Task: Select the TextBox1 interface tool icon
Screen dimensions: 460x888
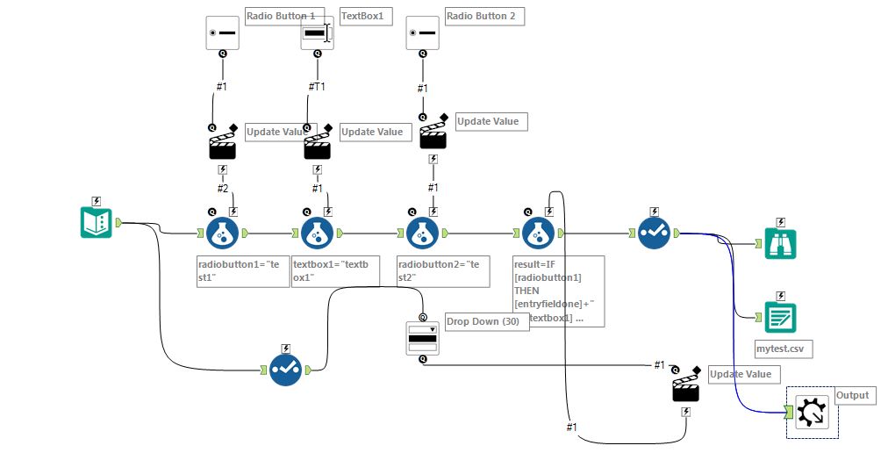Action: pos(317,33)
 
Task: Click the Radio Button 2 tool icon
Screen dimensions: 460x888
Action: pos(422,33)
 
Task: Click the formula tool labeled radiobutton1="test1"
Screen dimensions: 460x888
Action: pos(222,234)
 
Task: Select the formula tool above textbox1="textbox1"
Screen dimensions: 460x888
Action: pos(317,234)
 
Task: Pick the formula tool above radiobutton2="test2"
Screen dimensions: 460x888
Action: pos(422,234)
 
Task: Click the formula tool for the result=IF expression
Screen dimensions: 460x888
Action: pos(538,234)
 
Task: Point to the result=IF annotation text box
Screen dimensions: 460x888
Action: pos(558,291)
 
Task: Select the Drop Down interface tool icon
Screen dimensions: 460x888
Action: pos(422,338)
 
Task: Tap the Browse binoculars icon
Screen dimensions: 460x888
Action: pos(779,243)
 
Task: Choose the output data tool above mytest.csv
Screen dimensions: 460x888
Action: pos(779,316)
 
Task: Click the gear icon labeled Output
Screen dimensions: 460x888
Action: pos(812,412)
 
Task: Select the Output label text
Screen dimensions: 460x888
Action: pos(852,395)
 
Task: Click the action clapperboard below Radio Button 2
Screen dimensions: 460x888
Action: pos(433,135)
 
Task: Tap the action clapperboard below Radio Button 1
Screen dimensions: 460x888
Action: pos(222,145)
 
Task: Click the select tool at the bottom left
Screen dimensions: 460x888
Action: pos(285,370)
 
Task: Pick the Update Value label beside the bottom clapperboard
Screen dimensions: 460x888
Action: pos(741,374)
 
